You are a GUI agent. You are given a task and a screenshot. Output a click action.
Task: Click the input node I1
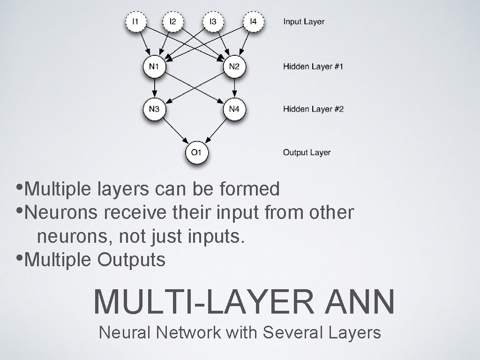coord(135,22)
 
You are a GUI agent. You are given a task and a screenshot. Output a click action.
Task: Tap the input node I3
coord(213,22)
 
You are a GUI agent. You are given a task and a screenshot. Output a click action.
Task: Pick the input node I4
coord(253,22)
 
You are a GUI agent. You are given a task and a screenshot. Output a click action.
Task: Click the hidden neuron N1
coord(154,67)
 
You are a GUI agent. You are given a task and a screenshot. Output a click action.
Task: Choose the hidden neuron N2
coord(234,67)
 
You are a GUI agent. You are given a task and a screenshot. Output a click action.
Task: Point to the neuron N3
coord(154,109)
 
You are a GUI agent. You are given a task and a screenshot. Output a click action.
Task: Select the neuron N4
coord(234,109)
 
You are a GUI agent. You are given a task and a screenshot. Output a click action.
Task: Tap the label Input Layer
coord(303,22)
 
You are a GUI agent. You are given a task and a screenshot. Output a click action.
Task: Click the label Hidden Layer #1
coord(313,67)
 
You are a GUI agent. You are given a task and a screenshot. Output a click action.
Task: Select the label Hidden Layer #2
coord(313,109)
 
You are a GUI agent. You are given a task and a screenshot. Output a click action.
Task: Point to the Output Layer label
coord(307,152)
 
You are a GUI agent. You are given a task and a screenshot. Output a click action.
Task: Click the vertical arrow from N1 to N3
coord(154,88)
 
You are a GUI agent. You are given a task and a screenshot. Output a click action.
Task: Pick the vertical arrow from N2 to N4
coord(234,88)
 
